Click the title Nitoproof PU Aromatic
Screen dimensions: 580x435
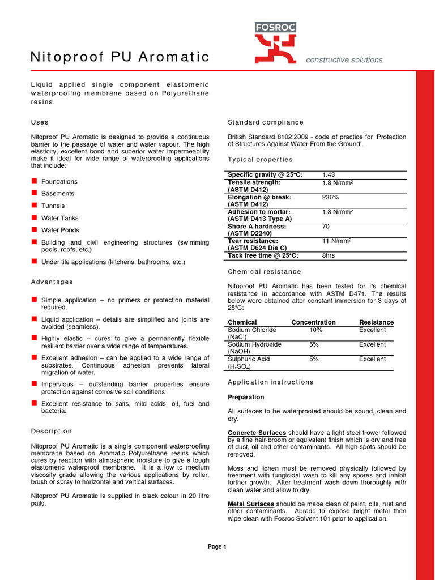[x=119, y=57]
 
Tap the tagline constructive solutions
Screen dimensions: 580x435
[x=344, y=60]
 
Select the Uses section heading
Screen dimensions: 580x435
[x=39, y=122]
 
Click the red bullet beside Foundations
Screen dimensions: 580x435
[x=34, y=181]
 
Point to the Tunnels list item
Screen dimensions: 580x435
[x=53, y=206]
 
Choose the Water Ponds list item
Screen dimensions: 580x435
[x=60, y=231]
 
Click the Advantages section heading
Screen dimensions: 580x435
[x=52, y=282]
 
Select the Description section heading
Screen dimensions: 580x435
[x=51, y=432]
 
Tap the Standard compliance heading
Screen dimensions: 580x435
[x=265, y=122]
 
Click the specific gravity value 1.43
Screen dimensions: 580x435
[x=329, y=175]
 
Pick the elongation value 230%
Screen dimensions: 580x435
[x=330, y=197]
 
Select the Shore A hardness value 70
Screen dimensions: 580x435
[x=326, y=226]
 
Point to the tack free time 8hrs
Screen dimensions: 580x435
[x=329, y=256]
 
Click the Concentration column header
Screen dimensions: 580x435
[x=313, y=322]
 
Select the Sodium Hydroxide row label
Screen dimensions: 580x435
[x=254, y=344]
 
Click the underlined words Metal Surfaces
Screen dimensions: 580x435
[x=251, y=504]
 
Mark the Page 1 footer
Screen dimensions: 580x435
[x=217, y=547]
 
